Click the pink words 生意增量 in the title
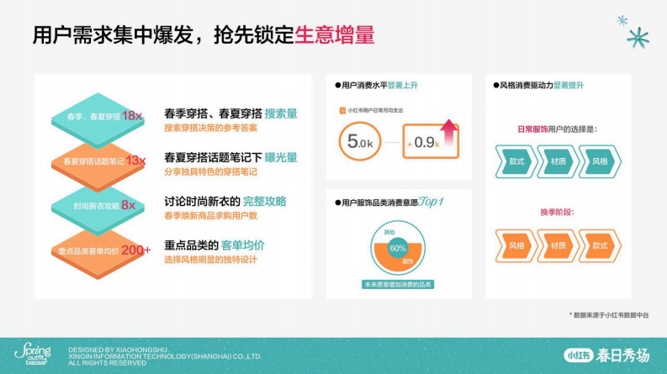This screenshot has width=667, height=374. point(335,35)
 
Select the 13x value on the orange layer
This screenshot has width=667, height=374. point(135,160)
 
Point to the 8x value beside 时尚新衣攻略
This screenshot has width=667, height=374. point(128,204)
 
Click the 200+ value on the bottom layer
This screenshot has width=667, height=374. point(135,250)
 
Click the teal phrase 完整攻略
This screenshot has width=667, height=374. point(264,202)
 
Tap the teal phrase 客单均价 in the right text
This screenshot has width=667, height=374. point(243,245)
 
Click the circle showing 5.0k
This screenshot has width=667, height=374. point(360,142)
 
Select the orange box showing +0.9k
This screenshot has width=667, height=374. point(430,142)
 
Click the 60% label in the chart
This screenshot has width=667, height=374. point(398,248)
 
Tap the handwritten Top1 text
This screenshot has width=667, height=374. point(429,203)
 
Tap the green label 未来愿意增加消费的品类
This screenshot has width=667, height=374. point(398,285)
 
